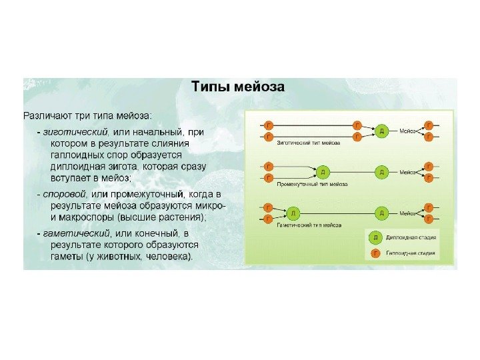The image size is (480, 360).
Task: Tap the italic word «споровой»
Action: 65,193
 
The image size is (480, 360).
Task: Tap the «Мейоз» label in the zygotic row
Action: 408,131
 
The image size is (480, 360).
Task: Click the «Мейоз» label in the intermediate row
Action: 408,172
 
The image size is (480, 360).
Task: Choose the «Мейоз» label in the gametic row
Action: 408,213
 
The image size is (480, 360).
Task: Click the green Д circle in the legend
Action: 375,237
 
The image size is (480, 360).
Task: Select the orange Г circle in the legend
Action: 375,253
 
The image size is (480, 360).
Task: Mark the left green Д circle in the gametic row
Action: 294,213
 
